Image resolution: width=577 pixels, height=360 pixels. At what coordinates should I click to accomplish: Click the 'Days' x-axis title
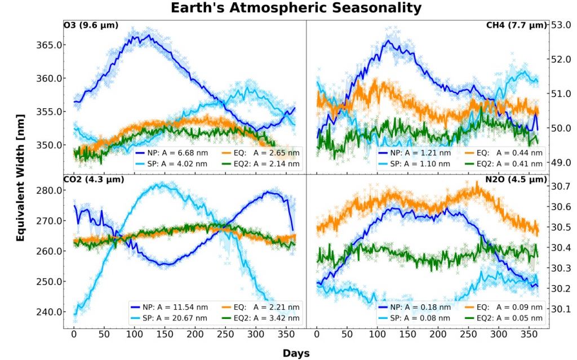tap(296, 352)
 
